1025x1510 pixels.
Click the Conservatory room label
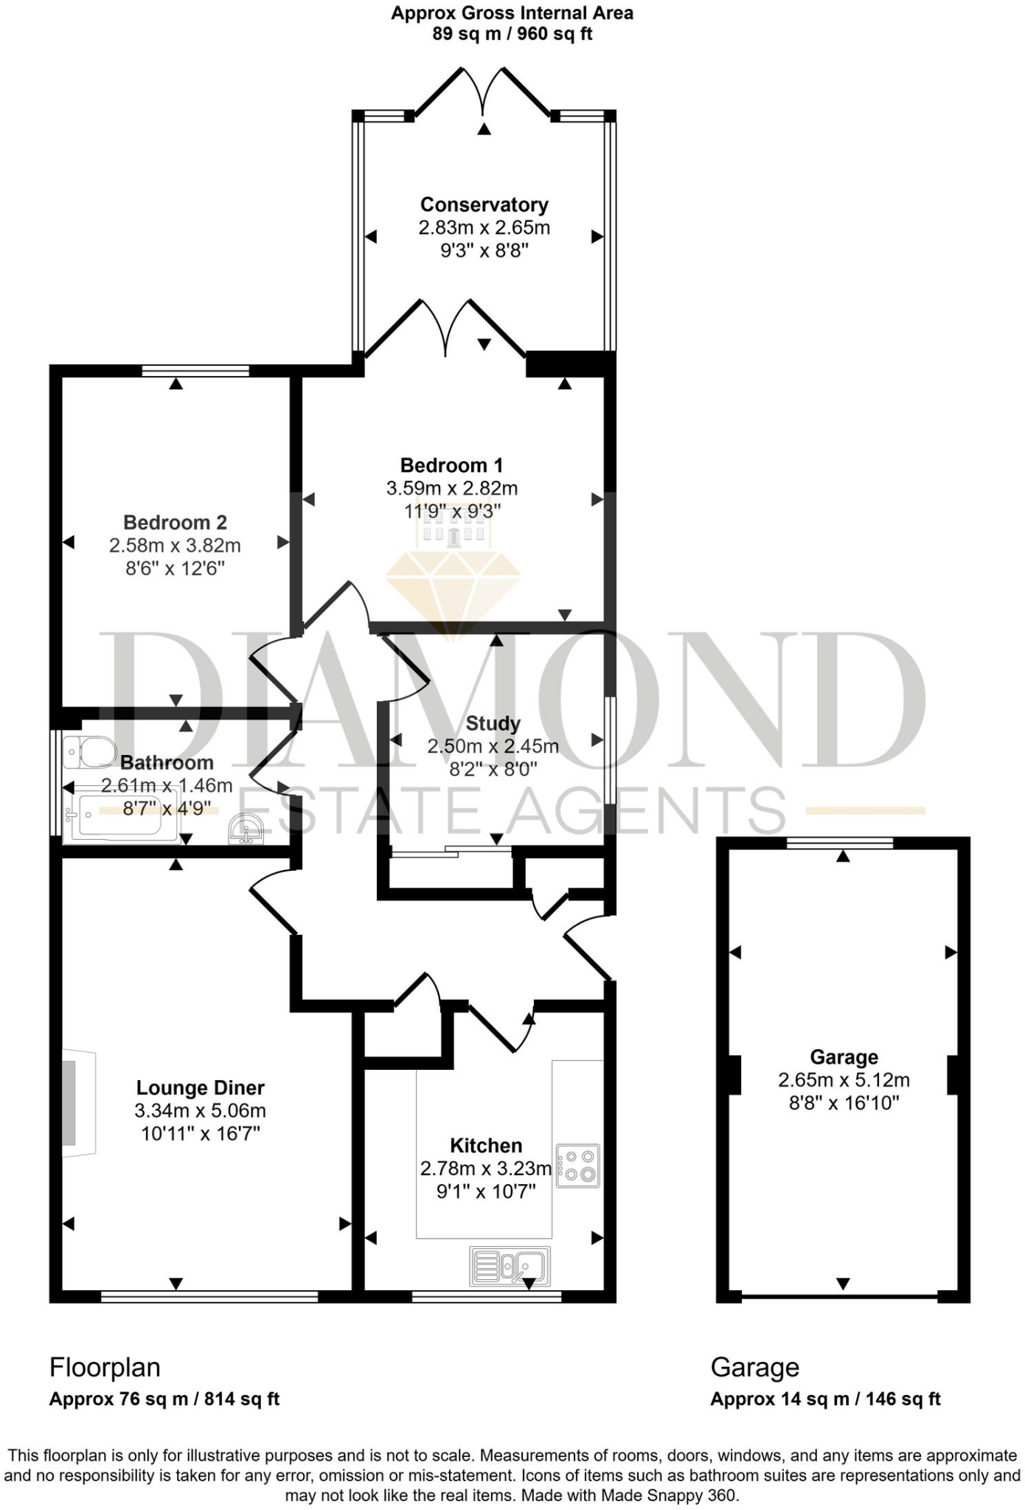coord(484,204)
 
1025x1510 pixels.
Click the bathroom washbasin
coord(246,829)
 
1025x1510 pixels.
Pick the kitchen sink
coord(510,1265)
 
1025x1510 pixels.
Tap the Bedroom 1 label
coord(451,465)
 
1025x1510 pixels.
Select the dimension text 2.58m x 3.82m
coord(175,546)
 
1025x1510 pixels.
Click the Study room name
coord(493,723)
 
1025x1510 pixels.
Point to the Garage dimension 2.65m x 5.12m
coord(844,1080)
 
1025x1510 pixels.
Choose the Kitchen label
coord(486,1145)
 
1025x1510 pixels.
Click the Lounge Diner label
coord(200,1088)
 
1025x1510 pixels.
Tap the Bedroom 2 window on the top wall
coord(195,371)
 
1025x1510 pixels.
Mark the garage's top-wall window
coord(840,843)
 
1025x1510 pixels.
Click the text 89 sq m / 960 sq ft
coord(512,34)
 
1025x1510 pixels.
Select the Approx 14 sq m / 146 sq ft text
coord(825,1399)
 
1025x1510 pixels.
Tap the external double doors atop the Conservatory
coord(483,92)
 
